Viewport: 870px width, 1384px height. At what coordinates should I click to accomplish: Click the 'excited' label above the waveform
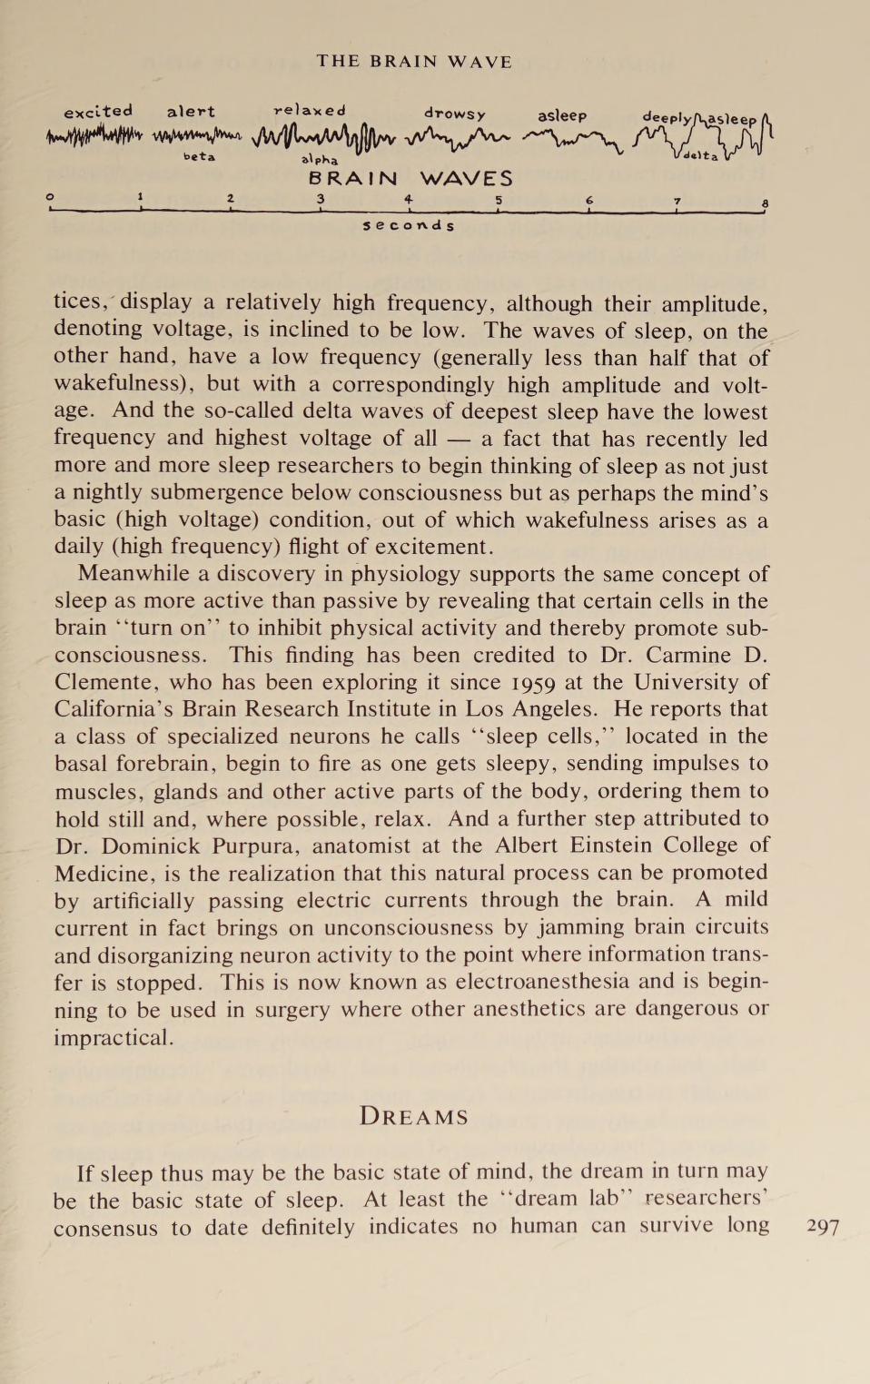click(98, 112)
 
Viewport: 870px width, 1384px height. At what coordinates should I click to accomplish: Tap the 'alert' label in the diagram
click(191, 112)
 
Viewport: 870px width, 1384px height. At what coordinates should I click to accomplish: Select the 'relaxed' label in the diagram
click(310, 111)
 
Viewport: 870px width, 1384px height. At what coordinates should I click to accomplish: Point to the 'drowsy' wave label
click(455, 114)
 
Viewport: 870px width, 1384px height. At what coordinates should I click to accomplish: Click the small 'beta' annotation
click(199, 157)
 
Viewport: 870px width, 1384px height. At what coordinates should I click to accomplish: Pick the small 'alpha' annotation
click(320, 160)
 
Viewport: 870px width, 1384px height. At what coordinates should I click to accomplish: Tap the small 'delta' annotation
click(700, 156)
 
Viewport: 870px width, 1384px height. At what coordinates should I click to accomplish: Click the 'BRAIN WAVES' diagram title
click(410, 179)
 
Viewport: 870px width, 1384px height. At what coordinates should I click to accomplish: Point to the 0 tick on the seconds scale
click(51, 197)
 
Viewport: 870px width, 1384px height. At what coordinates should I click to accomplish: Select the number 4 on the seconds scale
click(409, 199)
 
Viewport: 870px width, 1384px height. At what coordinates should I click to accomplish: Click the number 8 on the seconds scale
click(766, 203)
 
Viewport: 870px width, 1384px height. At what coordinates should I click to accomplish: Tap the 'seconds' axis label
click(409, 225)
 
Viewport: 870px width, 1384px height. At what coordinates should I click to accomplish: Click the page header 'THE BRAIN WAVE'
click(414, 62)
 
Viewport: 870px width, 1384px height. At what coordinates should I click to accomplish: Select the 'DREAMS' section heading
click(414, 1116)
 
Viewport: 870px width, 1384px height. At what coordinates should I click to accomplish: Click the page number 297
click(823, 1227)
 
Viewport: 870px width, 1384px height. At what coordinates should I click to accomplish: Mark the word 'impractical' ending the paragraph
click(112, 1037)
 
